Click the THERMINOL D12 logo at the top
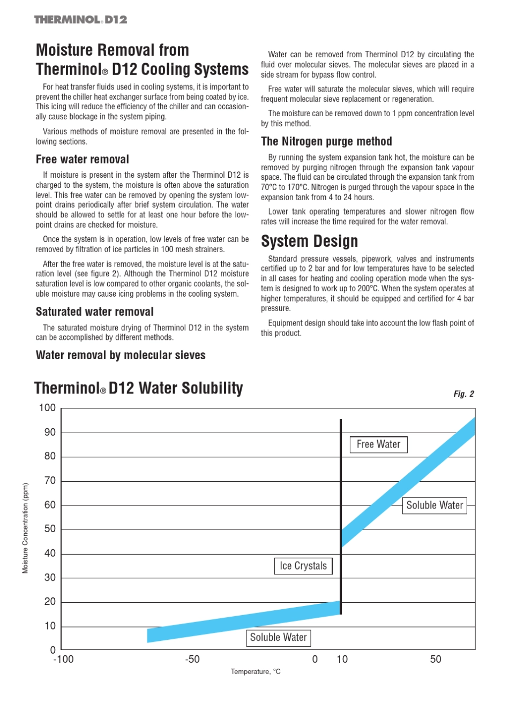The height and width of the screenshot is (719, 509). [80, 20]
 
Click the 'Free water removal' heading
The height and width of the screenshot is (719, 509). [83, 160]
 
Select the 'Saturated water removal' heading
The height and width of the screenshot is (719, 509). [94, 312]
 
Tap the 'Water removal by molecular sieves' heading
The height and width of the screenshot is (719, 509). [121, 355]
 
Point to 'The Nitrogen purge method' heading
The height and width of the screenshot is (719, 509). [326, 141]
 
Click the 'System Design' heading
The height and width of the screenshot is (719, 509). [309, 241]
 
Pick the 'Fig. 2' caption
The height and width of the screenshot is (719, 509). [463, 394]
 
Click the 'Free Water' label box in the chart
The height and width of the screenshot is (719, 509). [378, 444]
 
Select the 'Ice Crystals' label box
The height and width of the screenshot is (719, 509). [303, 566]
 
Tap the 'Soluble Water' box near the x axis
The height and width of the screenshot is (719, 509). [278, 638]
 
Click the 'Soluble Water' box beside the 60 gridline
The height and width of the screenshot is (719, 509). [435, 505]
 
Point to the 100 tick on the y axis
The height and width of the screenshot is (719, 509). [47, 408]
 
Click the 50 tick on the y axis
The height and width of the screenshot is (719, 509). [50, 529]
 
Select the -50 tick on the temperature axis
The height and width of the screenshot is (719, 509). [192, 660]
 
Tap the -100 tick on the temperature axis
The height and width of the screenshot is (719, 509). [63, 660]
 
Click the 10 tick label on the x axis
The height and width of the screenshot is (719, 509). [342, 660]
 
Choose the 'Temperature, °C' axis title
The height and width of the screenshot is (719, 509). [256, 672]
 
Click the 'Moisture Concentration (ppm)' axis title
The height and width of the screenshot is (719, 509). [25, 528]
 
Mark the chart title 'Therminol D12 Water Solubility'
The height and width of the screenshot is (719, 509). [138, 388]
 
